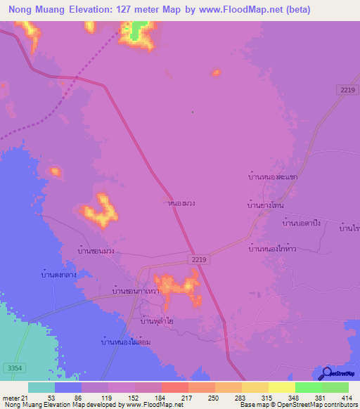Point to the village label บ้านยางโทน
pyautogui.click(x=271, y=205)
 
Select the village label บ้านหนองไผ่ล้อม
pyautogui.click(x=127, y=342)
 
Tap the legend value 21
pyautogui.click(x=26, y=398)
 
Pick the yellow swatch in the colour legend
pyautogui.click(x=281, y=387)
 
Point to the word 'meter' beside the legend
pyautogui.click(x=11, y=398)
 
